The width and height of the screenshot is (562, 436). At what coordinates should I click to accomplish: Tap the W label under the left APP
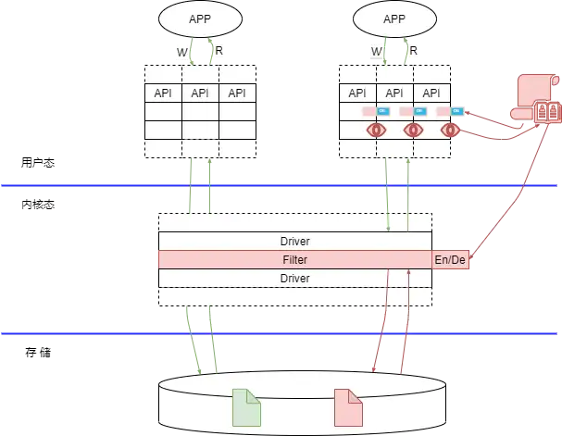[182, 51]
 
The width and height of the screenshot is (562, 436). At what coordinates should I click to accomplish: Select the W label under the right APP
[376, 51]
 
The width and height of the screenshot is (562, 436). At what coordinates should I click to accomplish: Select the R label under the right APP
[413, 51]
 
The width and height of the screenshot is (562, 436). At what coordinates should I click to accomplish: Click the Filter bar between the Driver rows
[294, 260]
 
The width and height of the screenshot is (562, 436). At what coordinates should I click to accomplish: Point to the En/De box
[450, 260]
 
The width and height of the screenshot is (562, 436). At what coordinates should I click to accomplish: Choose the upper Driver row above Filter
[294, 242]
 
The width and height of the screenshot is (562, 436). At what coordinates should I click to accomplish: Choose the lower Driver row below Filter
[294, 278]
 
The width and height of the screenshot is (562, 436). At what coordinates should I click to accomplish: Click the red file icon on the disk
[348, 408]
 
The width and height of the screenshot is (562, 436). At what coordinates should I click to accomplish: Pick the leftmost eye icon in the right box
[376, 130]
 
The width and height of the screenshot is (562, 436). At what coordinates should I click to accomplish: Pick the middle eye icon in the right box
[413, 130]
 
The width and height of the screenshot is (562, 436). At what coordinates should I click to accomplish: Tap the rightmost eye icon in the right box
[450, 130]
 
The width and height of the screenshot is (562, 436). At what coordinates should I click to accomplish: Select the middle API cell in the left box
[201, 93]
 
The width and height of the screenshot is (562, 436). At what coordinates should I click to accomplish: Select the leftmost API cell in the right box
[357, 93]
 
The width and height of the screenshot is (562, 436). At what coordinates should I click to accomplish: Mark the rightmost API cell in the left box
[238, 93]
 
